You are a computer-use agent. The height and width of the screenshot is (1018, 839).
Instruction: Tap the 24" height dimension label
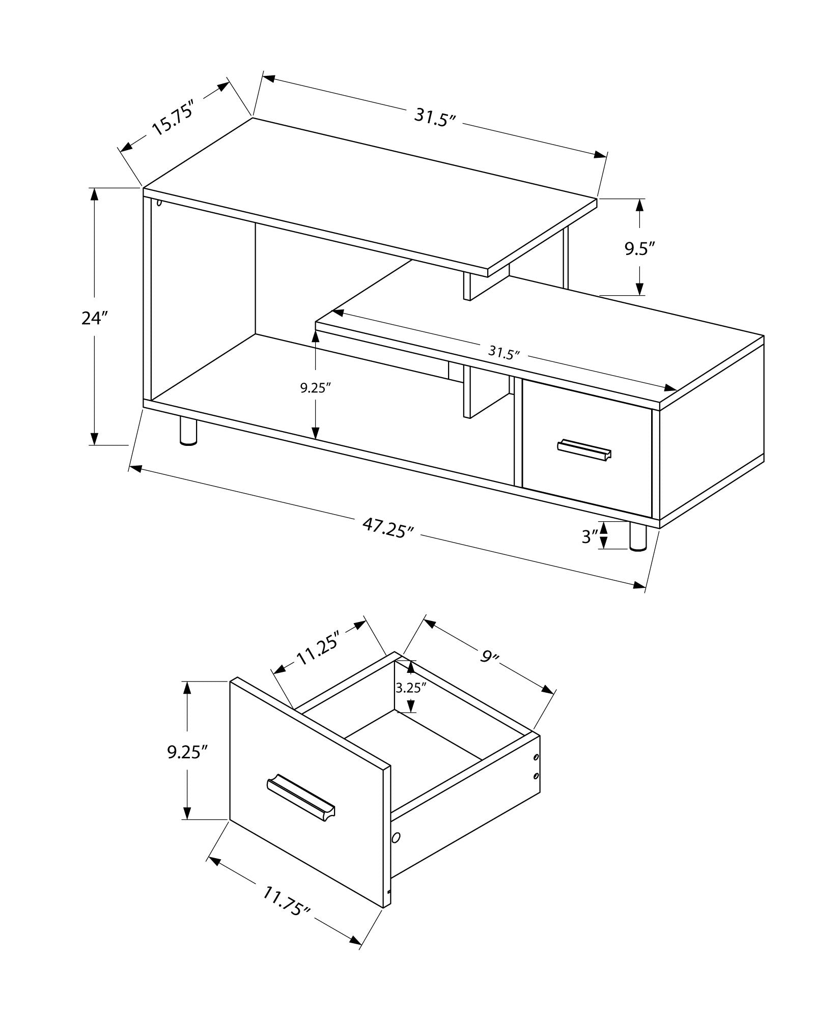95,318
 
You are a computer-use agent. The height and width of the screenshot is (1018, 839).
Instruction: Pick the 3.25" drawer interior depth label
410,688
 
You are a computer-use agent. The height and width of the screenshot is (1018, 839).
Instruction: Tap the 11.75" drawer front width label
287,900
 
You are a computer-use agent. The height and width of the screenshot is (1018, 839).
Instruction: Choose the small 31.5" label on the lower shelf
504,352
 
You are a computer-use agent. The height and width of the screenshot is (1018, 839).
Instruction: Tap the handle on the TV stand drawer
584,450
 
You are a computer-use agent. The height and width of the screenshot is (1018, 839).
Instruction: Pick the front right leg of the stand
638,538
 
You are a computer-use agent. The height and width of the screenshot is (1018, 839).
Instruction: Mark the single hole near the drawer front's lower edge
397,837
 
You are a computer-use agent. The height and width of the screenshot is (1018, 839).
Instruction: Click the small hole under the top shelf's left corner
159,203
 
